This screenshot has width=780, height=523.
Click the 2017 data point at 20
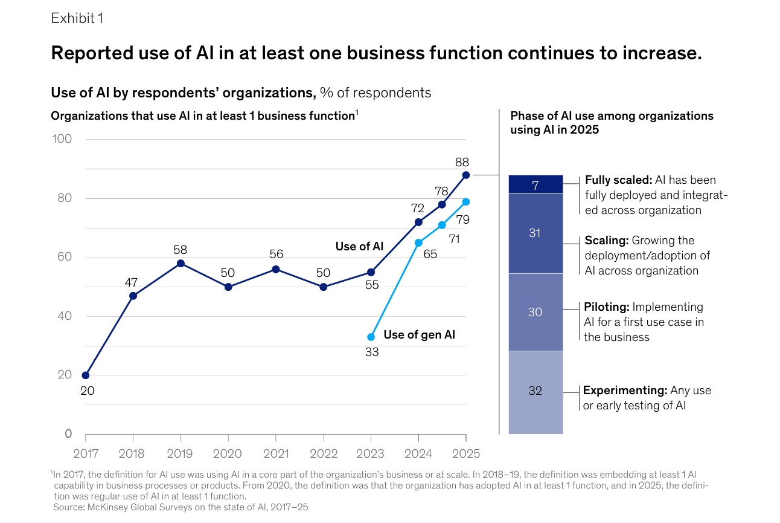coord(86,375)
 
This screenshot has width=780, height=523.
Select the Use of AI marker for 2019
coord(181,264)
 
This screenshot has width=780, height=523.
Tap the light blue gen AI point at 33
coord(371,337)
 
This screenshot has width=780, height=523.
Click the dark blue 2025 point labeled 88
coord(465,175)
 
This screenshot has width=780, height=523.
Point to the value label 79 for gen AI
coord(463,220)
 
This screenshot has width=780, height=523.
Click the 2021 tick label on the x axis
coord(276,453)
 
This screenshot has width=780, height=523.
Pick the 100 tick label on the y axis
coord(62,139)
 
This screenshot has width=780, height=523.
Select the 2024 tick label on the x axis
coord(418,453)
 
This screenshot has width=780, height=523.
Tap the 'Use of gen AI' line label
coord(419,334)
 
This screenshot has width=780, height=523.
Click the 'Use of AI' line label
coord(359,246)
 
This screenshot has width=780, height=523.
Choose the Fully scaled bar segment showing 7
coord(535,184)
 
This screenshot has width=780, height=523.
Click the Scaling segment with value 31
coord(535,233)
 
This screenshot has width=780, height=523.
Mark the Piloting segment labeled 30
coord(535,312)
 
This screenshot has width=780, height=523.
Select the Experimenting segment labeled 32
coord(535,391)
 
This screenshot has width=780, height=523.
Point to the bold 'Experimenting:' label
coord(625,391)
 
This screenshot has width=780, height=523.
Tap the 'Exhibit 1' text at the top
coord(77,19)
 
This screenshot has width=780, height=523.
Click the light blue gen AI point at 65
coord(418,242)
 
